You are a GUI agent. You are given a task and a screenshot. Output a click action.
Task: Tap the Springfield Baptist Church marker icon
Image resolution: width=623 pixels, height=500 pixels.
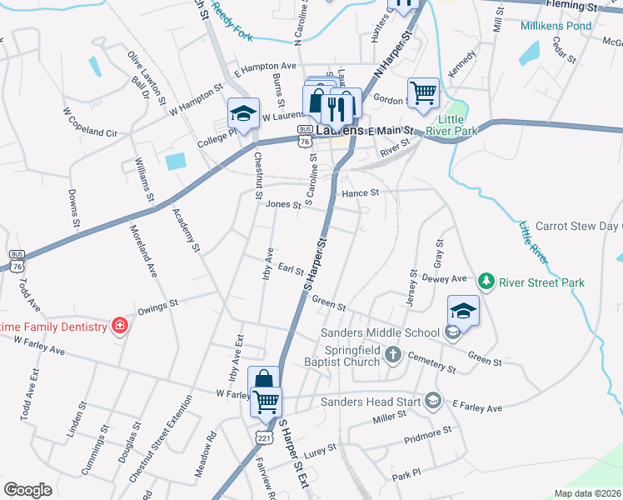[x=394, y=356]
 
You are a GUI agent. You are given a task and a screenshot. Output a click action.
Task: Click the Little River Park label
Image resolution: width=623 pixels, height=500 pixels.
[x=451, y=124]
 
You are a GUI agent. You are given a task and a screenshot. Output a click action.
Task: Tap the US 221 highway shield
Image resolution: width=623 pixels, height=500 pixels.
[x=264, y=436]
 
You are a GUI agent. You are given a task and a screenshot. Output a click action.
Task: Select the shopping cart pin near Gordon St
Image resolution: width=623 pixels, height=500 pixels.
[x=423, y=92]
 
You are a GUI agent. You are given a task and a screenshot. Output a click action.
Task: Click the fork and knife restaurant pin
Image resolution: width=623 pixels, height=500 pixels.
[x=337, y=105]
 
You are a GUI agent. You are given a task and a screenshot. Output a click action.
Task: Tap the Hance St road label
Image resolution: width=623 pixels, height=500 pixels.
[x=361, y=192]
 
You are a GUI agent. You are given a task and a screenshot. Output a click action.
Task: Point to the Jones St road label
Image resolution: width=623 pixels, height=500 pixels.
[x=282, y=204]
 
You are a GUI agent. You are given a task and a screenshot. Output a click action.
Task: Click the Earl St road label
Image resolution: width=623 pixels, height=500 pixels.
[x=290, y=269]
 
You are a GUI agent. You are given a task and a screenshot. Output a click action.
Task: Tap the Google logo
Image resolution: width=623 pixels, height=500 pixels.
[x=27, y=489]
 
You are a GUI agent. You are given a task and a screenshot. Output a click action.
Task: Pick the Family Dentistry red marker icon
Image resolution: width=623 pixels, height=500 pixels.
[x=120, y=326]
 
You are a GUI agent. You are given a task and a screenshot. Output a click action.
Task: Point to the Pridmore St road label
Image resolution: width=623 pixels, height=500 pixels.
[x=426, y=432]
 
